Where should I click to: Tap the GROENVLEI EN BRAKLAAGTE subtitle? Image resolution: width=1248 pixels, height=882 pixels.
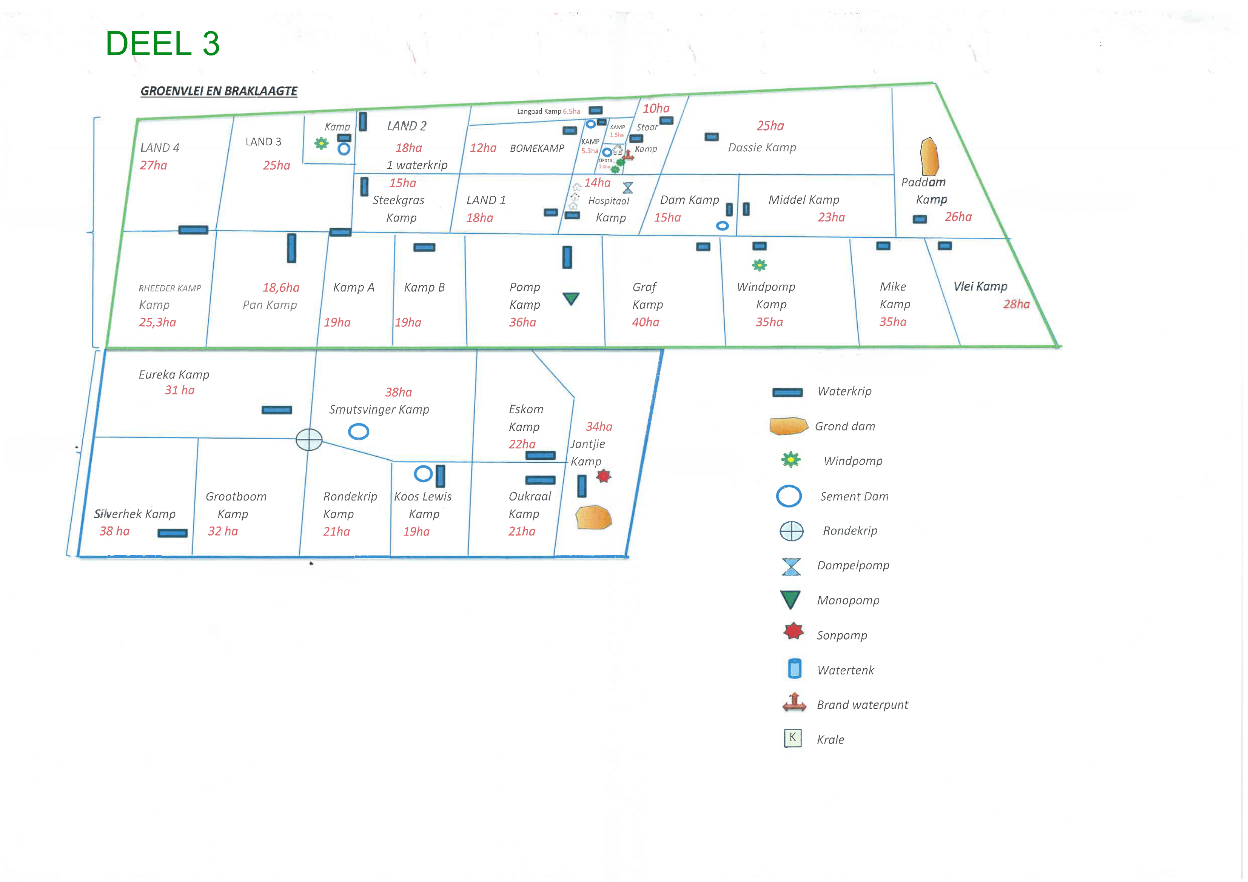click(x=219, y=91)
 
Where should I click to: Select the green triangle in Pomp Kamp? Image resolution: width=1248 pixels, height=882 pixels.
click(x=571, y=299)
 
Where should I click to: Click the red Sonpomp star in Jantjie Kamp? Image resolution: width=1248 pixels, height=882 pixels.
click(x=603, y=477)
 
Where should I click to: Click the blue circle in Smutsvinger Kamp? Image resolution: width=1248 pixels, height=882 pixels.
click(x=358, y=431)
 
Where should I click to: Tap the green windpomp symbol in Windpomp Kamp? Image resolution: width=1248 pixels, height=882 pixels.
click(x=760, y=265)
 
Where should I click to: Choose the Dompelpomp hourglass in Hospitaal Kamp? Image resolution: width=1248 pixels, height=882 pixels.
click(x=628, y=188)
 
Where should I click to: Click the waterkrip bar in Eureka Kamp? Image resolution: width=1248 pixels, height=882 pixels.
click(x=277, y=410)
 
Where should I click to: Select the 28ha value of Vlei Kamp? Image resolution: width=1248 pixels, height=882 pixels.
click(x=1016, y=304)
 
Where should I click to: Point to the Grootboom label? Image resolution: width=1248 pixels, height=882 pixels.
click(x=236, y=496)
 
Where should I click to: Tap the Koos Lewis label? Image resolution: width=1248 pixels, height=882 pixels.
click(x=422, y=496)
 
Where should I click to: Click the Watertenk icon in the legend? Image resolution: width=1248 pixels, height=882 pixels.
click(x=794, y=669)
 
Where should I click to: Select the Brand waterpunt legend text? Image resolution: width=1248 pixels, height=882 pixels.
click(x=862, y=705)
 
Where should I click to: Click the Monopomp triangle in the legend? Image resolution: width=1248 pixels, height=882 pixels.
click(x=790, y=599)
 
